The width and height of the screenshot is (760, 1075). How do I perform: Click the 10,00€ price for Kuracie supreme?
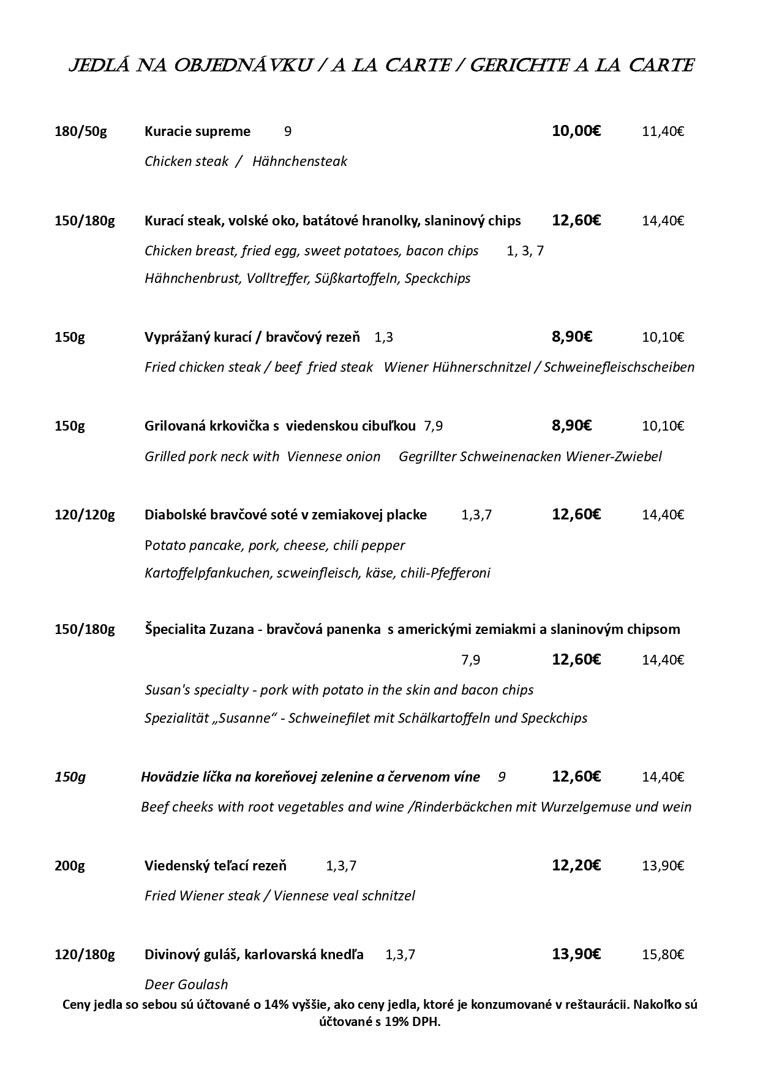[576, 130]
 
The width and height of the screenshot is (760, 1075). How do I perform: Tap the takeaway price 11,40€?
[663, 131]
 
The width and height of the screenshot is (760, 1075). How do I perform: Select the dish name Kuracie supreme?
[197, 131]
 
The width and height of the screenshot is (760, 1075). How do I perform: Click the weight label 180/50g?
[80, 131]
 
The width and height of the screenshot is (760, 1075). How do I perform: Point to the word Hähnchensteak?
[299, 161]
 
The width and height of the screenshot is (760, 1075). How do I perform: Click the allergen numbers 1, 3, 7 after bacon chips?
[525, 251]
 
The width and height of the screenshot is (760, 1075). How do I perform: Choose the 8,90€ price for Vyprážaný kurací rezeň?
[571, 336]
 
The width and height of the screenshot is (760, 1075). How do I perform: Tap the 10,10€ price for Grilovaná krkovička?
[663, 426]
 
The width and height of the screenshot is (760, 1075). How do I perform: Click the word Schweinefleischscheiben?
[619, 367]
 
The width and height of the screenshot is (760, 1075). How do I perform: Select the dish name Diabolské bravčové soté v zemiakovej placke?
[285, 515]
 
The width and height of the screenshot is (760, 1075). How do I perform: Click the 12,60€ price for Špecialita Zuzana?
[576, 659]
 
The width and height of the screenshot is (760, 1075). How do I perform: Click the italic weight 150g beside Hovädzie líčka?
[70, 777]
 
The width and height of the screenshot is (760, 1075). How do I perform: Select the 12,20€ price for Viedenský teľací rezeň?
[576, 865]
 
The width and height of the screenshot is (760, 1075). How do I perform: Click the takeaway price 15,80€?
[663, 954]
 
